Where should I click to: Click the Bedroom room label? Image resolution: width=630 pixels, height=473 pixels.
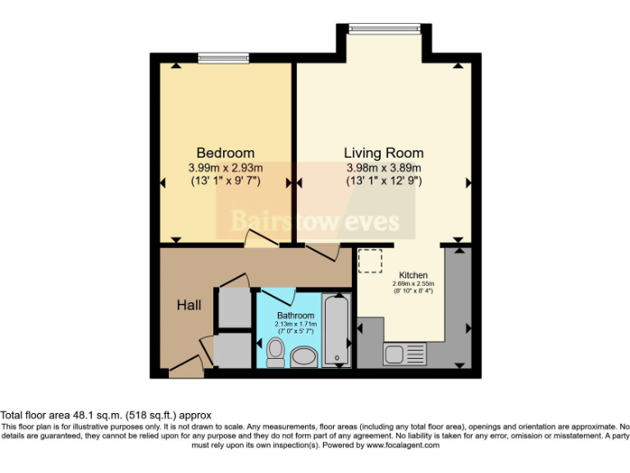pos(225,153)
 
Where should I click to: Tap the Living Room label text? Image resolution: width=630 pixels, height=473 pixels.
pos(383,153)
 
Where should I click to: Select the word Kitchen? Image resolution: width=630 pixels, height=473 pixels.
pos(413,275)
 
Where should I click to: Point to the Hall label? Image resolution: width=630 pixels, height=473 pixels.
pos(189,305)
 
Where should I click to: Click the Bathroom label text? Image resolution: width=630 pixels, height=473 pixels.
pos(295,315)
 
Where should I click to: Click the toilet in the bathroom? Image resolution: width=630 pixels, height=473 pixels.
pos(276,351)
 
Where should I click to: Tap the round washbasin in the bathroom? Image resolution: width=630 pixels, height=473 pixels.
pos(304,356)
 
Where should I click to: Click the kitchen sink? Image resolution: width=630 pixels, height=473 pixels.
pos(405,355)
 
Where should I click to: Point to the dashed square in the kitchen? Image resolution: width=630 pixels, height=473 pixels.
pos(371,261)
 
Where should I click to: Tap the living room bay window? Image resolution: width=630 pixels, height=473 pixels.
pos(384,29)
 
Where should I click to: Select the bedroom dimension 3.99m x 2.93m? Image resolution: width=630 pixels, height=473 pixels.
pos(225,168)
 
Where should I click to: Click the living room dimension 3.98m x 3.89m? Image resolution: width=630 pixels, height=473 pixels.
pos(383,168)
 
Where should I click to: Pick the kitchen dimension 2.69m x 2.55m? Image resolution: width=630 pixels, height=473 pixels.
pos(413,283)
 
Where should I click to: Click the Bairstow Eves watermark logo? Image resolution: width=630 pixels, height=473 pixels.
pos(315,220)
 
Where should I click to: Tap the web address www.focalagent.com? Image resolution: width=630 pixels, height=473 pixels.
pos(405,446)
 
